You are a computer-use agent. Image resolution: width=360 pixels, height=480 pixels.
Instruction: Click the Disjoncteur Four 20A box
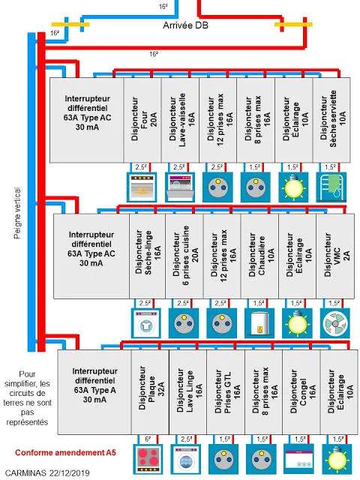pos(142,120)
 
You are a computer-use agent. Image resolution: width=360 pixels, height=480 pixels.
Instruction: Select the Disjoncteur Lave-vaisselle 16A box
pos(180,120)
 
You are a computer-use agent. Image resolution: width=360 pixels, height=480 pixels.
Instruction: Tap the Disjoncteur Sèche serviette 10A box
pos(331,120)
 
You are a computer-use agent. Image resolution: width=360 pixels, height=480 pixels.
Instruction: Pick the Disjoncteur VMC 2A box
pos(335,256)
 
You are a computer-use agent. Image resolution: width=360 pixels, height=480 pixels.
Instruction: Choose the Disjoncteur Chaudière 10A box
pos(259,256)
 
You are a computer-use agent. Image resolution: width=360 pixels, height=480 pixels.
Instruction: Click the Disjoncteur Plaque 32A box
pos(150,391)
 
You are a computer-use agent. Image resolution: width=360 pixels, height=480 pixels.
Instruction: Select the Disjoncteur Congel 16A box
pos(301,391)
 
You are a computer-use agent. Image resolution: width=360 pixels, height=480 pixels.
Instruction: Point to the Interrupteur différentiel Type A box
pos(94,391)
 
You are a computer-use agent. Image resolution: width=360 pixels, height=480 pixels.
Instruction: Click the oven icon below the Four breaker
pos(142,187)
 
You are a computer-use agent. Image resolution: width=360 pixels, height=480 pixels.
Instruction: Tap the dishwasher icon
pos(180,187)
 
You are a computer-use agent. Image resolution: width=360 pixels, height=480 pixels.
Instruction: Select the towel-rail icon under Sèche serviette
pos(331,187)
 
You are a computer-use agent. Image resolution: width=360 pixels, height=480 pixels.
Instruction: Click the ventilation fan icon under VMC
pos(335,323)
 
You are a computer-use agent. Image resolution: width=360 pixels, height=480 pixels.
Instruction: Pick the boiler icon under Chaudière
pos(259,323)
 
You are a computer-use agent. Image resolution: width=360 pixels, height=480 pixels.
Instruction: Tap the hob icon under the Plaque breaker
pos(148,459)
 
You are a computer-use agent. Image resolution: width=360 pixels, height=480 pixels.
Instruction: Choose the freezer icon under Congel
pos(299,459)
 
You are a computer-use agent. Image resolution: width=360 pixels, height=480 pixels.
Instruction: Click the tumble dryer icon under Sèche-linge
pos(146,323)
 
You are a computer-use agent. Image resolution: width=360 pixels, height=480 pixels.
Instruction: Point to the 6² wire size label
pos(148,439)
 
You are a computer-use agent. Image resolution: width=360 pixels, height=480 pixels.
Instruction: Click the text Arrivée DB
pos(185,25)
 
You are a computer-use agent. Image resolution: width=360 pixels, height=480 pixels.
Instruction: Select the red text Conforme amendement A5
pos(65,452)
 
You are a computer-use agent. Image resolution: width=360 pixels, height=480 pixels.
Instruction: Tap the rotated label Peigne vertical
pos(17,213)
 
